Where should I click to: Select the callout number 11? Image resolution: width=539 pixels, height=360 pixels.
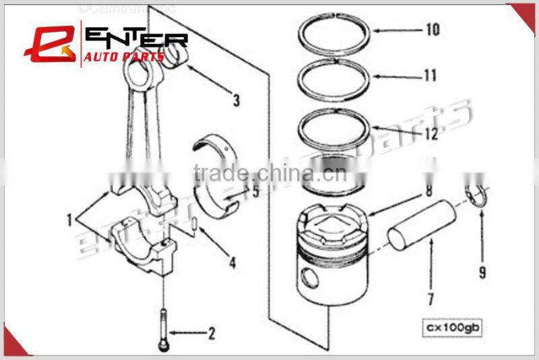429,76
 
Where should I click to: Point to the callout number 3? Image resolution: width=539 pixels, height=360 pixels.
236,102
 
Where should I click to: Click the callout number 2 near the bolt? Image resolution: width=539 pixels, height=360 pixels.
211,332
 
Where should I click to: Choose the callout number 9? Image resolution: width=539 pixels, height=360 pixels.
482,272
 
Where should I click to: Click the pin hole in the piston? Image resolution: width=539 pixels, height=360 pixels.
310,276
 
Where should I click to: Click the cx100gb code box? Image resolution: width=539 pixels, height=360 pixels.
451,328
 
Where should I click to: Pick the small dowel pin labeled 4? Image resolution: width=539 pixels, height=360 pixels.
194,225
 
